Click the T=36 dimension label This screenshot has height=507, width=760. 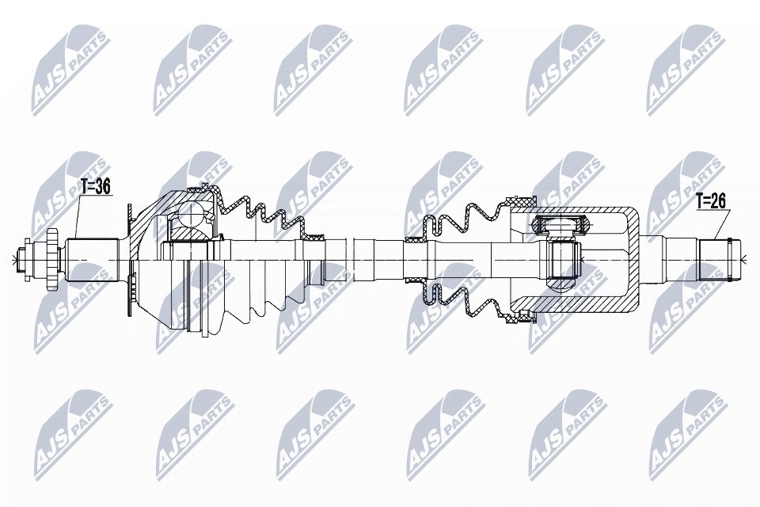pos(96,187)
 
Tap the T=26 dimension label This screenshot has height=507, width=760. pos(711,201)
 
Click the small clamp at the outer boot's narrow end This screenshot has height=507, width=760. pos(317,235)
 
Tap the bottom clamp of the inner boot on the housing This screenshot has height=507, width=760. pos(520,318)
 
